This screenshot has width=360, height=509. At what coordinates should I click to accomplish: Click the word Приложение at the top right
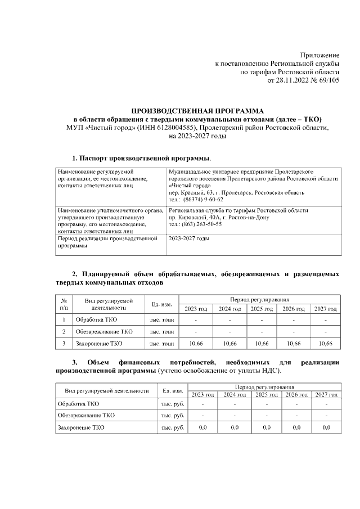[319, 55]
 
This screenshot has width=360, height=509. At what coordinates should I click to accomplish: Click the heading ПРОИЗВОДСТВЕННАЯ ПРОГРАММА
[197, 111]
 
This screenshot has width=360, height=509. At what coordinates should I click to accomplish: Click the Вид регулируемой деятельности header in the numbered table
[109, 304]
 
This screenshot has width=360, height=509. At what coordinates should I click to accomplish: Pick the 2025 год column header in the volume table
[262, 309]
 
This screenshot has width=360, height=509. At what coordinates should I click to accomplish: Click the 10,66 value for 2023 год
[196, 343]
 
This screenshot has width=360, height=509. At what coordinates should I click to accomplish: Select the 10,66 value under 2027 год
[326, 343]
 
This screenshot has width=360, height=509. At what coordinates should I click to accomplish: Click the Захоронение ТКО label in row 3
[99, 343]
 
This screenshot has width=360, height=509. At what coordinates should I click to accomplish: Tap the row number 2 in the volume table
[64, 332]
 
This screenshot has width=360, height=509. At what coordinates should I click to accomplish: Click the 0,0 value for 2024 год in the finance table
[235, 428]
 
